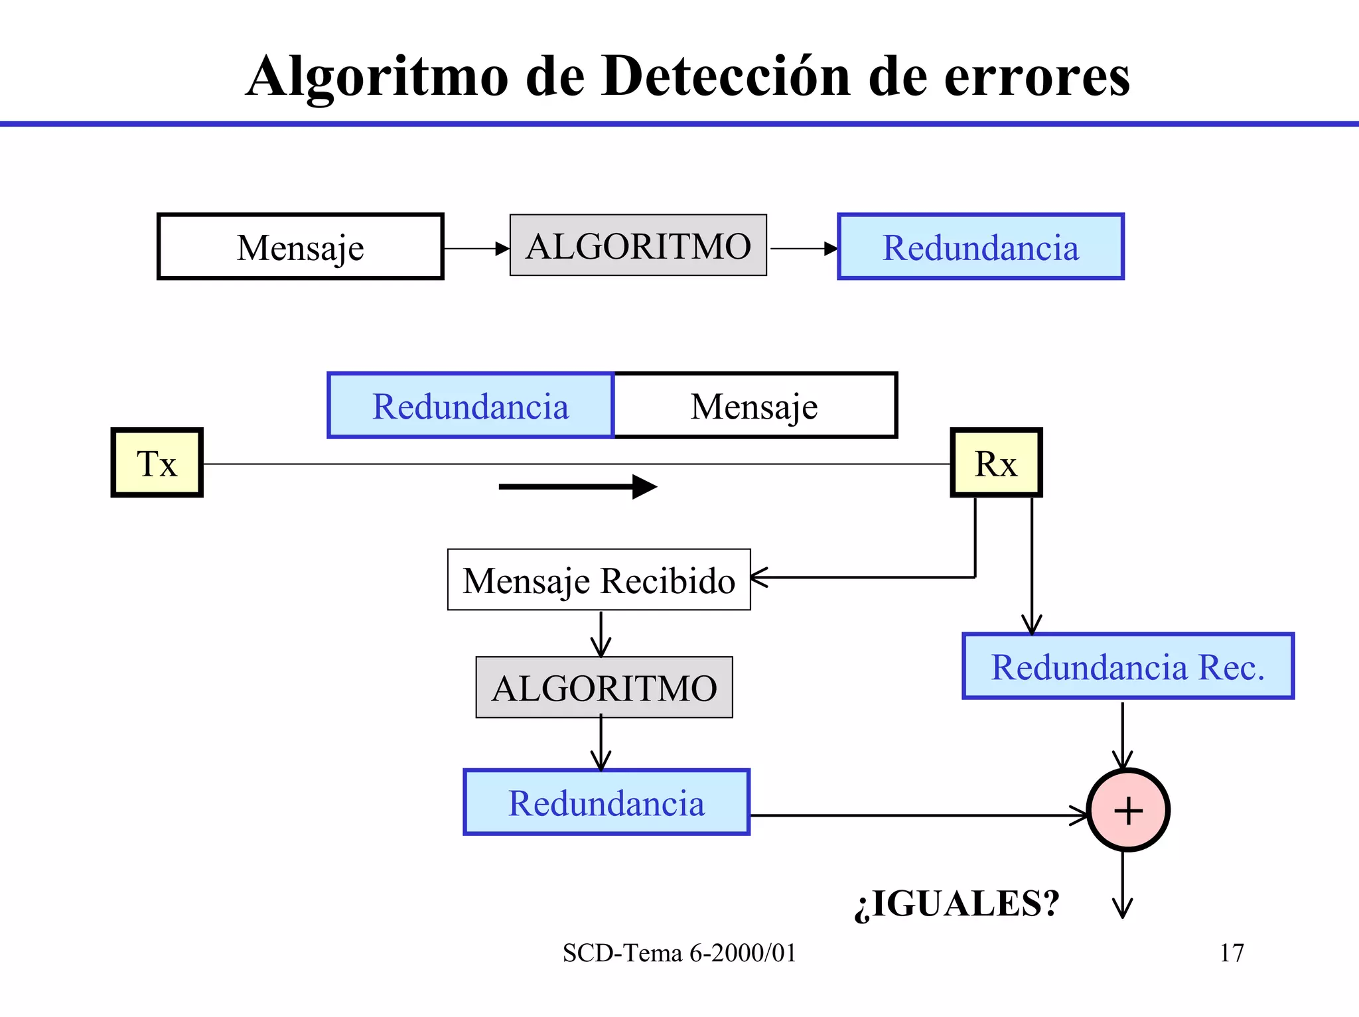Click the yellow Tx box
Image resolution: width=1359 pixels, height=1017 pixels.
tap(157, 462)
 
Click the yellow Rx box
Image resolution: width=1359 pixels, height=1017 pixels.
tap(996, 462)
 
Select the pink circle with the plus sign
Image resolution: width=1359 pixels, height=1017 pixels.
tap(1127, 810)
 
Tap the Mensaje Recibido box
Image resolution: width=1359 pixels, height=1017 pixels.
tap(599, 579)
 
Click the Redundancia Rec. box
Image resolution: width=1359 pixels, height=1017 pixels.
tap(1127, 666)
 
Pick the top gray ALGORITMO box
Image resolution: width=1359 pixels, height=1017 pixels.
tap(638, 245)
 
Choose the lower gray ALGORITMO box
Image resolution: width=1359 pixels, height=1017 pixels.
tap(604, 687)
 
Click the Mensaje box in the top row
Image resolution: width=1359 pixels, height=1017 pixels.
tap(300, 247)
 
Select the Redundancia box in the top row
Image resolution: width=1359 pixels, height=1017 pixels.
tap(980, 247)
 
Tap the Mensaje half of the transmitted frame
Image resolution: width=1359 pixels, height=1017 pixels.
tap(754, 405)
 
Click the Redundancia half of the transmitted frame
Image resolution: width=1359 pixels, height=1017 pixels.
tap(470, 405)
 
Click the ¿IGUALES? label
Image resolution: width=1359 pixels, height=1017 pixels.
tap(956, 904)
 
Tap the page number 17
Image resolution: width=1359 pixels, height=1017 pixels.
tap(1232, 953)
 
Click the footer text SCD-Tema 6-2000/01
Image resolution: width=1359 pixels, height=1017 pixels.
tap(679, 953)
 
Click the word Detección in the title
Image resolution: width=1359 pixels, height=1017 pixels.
tap(726, 76)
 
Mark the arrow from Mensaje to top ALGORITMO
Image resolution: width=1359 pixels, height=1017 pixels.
tap(476, 249)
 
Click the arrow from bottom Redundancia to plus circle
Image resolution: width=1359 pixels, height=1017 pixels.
tap(916, 815)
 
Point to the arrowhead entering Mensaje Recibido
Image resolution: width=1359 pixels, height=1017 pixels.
tap(760, 577)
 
